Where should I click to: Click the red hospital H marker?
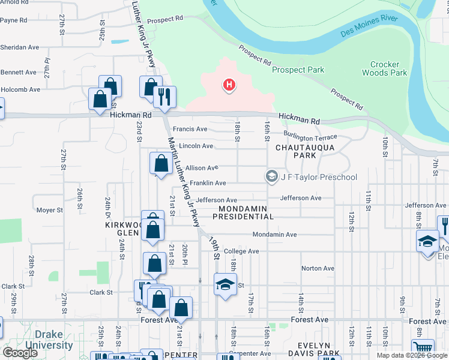[x=229, y=86]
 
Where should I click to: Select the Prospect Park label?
[x=298, y=70]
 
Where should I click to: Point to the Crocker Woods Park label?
[x=388, y=68]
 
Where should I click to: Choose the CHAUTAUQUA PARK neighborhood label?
[x=296, y=151]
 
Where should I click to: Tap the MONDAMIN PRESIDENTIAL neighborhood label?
[x=243, y=212]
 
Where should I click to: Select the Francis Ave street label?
[x=190, y=129]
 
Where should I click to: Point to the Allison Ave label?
[x=202, y=168]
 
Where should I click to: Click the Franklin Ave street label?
[x=208, y=183]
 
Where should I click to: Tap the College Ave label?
[x=241, y=251]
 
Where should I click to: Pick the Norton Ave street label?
[x=318, y=268]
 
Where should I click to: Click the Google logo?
[x=20, y=353]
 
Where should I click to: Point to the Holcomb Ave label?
[x=20, y=89]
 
